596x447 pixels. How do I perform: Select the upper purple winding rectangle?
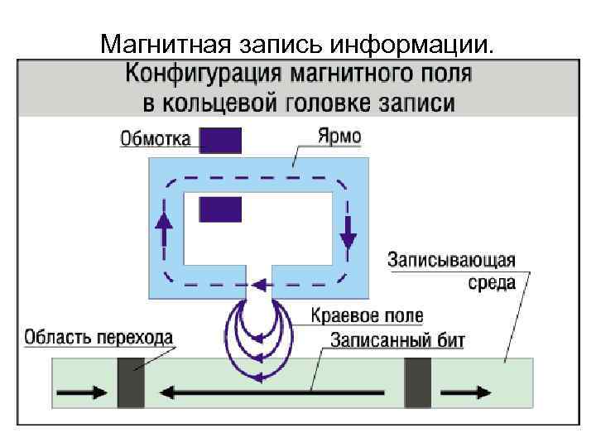220,140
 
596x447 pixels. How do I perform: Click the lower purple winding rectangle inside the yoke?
220,209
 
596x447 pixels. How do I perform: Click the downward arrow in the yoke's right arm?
348,233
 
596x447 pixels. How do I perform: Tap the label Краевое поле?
367,315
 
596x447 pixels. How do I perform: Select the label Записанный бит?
398,339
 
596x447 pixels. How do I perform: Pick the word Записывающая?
451,260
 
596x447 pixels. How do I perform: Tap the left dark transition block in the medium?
131,382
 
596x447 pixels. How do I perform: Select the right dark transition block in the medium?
418,382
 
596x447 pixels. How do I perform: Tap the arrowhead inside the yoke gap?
258,286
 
